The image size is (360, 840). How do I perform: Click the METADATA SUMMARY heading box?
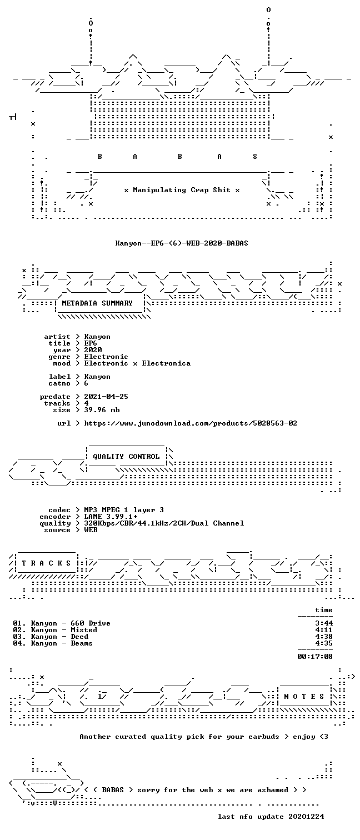pos(97,303)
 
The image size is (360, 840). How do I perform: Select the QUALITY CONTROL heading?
pos(126,456)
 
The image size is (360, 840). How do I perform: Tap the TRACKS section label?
pos(46,563)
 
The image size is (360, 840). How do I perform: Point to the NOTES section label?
pos(304,696)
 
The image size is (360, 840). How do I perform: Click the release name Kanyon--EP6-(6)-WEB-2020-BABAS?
pos(182,243)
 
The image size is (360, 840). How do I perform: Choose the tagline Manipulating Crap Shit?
pos(182,190)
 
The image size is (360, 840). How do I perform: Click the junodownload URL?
pos(191,423)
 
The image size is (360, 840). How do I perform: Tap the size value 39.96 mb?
pos(102,410)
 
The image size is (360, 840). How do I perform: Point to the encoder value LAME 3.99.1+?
pos(111,516)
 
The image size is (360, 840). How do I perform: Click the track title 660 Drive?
pos(91,623)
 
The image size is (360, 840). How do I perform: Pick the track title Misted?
pos(84,629)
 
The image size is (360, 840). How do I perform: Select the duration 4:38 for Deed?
pos(324,636)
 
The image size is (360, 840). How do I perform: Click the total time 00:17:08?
pos(315,656)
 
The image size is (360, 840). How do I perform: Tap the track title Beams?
pos(82,643)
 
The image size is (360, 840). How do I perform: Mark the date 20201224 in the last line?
pos(306,816)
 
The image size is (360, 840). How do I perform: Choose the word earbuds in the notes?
pos(264,737)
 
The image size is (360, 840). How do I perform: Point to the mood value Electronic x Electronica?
pos(137,363)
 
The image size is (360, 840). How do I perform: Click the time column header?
pos(324,610)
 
